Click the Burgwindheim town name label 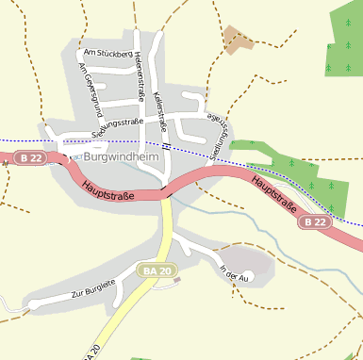[121, 157]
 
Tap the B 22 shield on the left [31, 157]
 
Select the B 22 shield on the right [315, 222]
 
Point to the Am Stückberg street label [107, 54]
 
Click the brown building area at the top [238, 39]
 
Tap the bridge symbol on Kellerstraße [166, 146]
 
